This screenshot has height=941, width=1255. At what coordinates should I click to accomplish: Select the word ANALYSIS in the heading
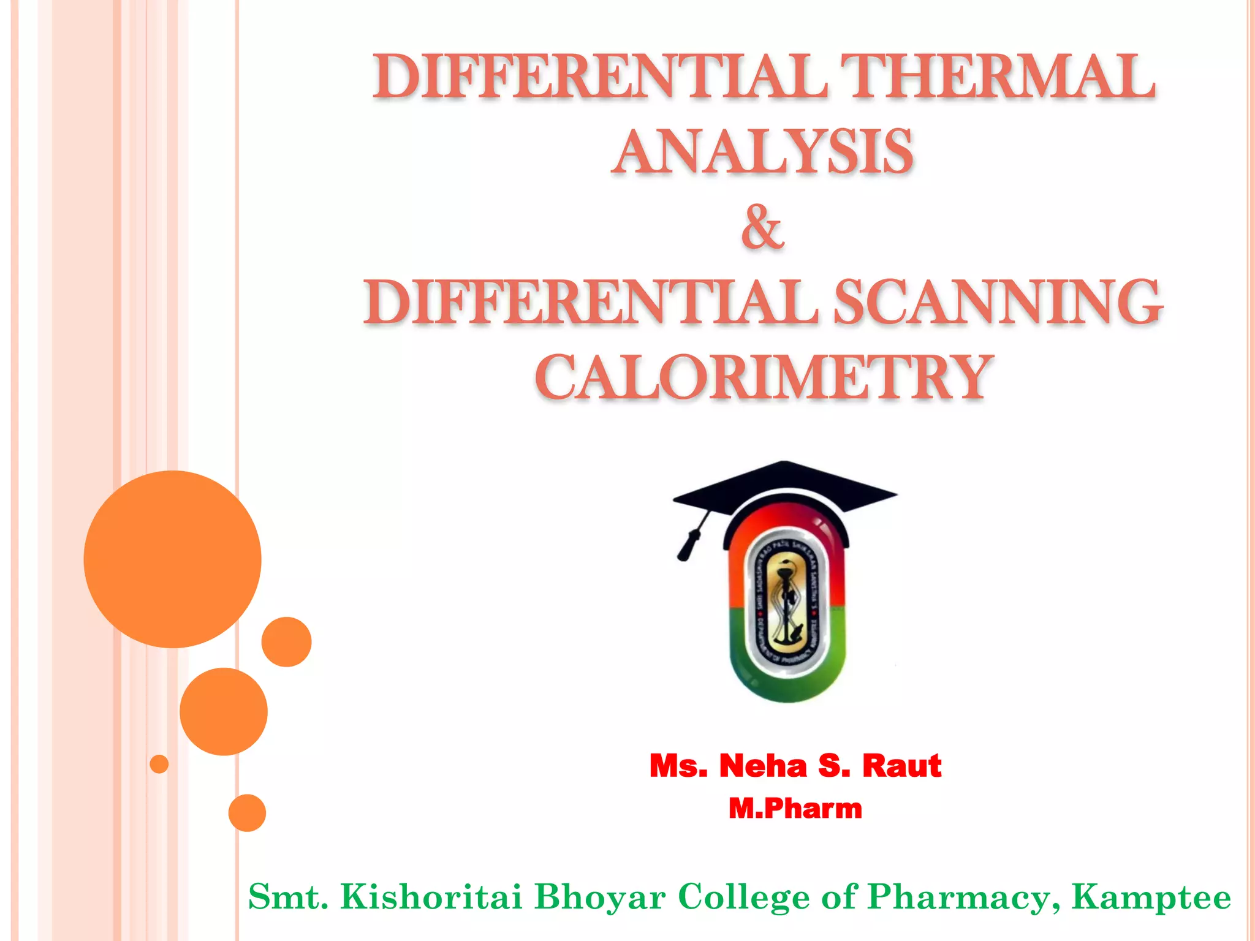coord(764,151)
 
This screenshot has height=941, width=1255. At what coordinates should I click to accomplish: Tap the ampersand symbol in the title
coord(762,227)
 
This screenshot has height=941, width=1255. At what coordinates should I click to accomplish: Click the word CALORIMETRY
coord(764,377)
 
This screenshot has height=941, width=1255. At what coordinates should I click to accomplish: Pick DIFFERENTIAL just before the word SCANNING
coord(591,301)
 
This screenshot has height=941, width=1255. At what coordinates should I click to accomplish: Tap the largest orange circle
coord(172,559)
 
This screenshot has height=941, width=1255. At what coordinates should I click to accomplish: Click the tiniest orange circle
coord(159,764)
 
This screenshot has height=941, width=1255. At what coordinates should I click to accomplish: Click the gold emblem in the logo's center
coord(786,603)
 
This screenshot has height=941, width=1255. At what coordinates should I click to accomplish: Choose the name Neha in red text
coord(763,766)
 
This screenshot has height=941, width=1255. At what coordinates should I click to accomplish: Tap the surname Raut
coord(901,766)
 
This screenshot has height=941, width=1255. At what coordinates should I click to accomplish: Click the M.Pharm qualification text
coord(795,809)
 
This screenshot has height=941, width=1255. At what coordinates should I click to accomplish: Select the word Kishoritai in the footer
coord(431,897)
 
